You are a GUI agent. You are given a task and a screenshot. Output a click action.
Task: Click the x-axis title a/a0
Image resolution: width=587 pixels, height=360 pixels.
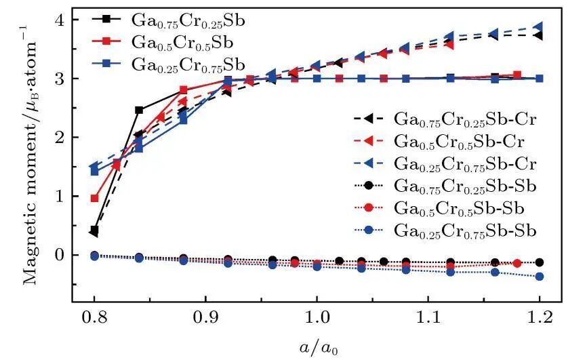[x=317, y=346]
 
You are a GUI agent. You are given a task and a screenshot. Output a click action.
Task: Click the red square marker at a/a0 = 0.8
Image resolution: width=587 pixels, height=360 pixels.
[x=94, y=199]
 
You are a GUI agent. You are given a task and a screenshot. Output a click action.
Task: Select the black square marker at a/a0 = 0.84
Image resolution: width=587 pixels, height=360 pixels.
[x=139, y=110]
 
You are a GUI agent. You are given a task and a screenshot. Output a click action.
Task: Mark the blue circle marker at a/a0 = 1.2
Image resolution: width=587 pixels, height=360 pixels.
[x=539, y=277]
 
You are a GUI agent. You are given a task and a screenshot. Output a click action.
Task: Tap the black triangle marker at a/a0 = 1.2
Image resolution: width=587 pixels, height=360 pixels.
[x=539, y=35]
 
